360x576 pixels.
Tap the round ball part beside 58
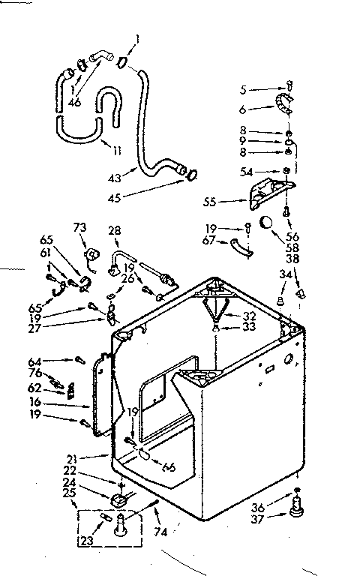(267, 223)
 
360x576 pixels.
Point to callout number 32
(250, 315)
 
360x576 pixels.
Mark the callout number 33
(250, 327)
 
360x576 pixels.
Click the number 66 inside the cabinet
(169, 467)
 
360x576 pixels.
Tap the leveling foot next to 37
(297, 510)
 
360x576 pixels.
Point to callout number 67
(210, 239)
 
